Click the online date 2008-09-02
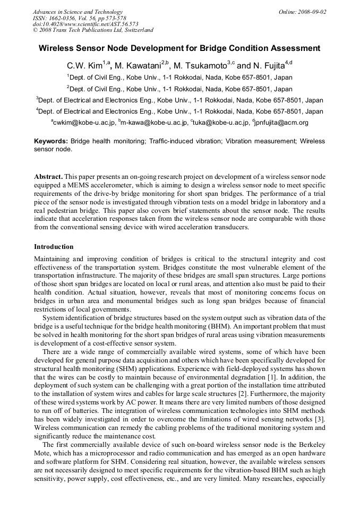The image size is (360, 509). click(312, 12)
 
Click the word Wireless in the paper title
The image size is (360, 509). click(59, 48)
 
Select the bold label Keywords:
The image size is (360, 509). click(51, 142)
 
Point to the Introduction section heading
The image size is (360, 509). click(54, 247)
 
